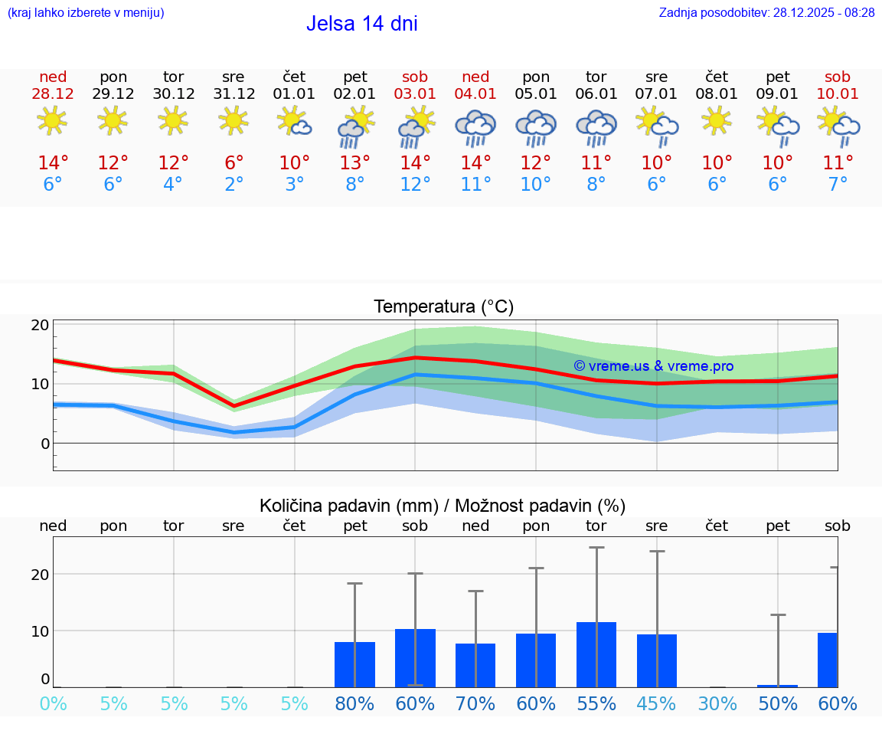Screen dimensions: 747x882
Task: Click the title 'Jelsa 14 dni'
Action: click(361, 24)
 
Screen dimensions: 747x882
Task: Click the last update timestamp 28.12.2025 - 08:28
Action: click(766, 12)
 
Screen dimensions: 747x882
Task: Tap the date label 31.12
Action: click(234, 94)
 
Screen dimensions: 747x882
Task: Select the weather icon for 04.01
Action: click(475, 127)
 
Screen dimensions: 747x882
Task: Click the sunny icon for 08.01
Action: click(717, 121)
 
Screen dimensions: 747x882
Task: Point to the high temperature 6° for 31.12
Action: click(234, 163)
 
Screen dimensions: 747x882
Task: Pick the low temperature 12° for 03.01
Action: click(415, 185)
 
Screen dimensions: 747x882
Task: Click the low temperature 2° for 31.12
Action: click(234, 185)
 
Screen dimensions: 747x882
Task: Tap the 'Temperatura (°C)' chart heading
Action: click(443, 307)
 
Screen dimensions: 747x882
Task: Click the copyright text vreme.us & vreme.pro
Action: click(653, 366)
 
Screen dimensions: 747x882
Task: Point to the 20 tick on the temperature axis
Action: click(41, 325)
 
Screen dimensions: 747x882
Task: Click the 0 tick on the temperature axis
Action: click(45, 444)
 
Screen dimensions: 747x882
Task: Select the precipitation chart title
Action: click(443, 506)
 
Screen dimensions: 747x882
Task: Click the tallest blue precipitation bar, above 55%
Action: click(596, 654)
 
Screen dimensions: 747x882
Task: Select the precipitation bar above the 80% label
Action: click(354, 664)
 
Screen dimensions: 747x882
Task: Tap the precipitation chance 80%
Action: click(354, 703)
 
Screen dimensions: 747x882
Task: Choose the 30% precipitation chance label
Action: click(717, 703)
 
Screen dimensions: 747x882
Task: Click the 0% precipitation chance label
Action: click(53, 703)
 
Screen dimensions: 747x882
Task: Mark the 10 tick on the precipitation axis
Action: click(41, 631)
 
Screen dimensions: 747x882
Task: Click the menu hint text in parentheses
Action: click(85, 12)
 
